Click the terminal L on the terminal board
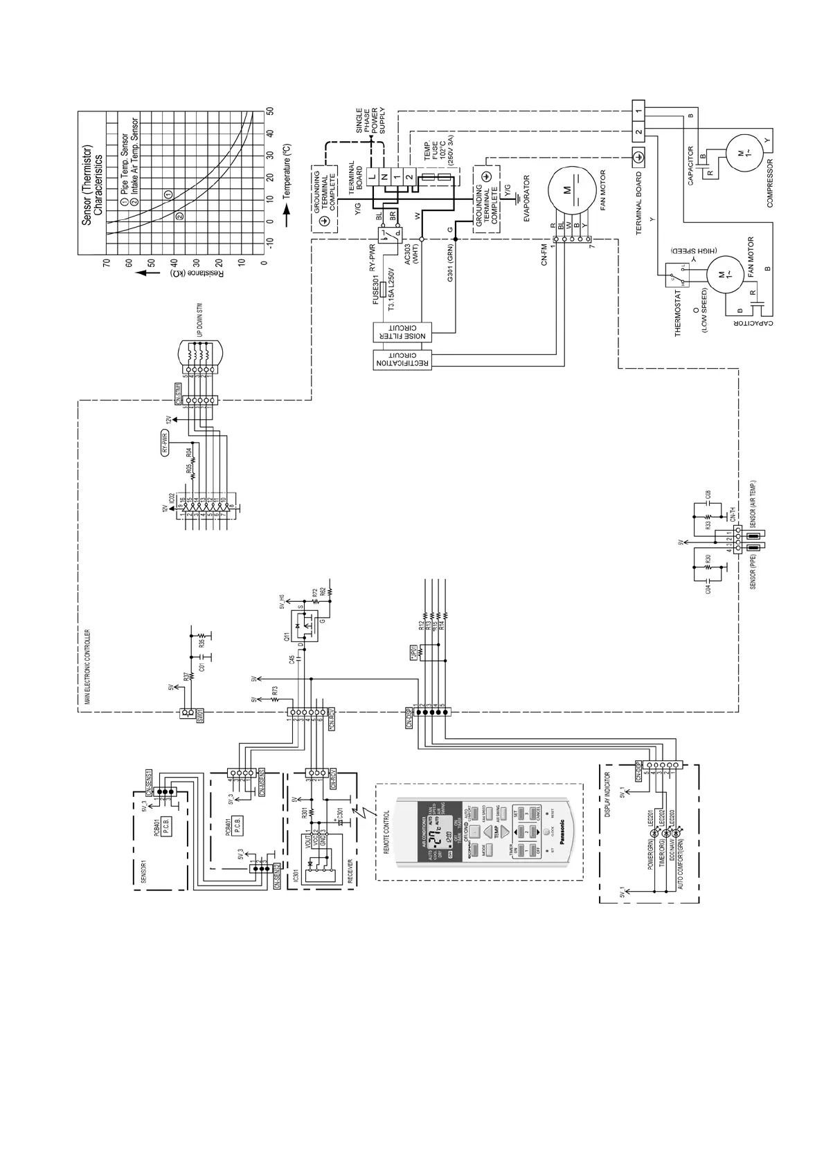[x=372, y=178]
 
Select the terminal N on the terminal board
[x=385, y=178]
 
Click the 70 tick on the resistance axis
[x=107, y=263]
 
